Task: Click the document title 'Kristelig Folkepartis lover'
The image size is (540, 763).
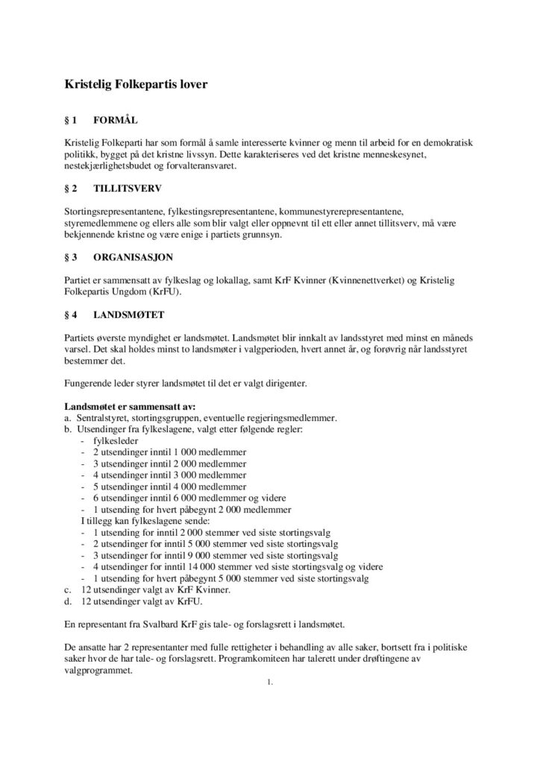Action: (x=135, y=86)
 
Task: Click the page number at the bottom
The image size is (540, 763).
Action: (x=269, y=681)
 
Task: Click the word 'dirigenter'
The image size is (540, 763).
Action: (x=275, y=384)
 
